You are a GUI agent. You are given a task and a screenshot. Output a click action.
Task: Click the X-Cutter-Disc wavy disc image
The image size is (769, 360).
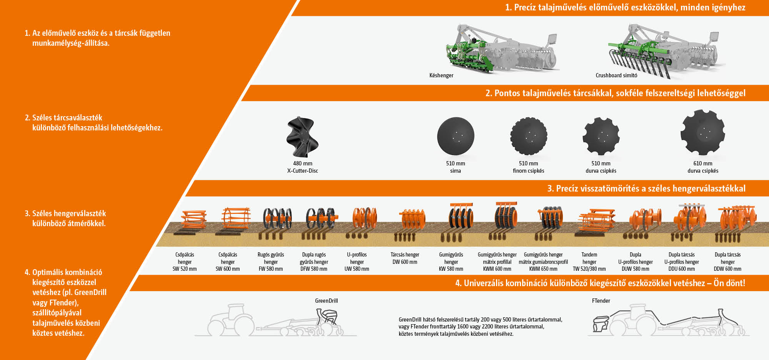pos(303,137)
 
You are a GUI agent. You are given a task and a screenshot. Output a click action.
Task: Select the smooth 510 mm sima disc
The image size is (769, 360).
pos(456,136)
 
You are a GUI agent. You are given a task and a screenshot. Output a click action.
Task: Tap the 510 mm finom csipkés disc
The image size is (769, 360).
pos(529,136)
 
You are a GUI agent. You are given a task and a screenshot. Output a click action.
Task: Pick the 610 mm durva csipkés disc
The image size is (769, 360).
pos(703,133)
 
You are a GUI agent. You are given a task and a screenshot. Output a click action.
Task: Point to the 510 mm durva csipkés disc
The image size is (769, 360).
pos(601,136)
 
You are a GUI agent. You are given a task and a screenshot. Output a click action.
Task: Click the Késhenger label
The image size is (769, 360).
pos(441,75)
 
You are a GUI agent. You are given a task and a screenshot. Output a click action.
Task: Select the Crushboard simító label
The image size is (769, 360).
pos(616,75)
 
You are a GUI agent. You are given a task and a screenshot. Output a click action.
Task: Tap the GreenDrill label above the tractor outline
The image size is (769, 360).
pos(326,301)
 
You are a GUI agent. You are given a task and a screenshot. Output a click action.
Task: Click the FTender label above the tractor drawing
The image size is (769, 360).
pos(601,301)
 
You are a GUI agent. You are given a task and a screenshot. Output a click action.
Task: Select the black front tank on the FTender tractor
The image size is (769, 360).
pos(601,324)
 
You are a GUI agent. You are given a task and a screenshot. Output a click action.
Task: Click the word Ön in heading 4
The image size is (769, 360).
pos(719,283)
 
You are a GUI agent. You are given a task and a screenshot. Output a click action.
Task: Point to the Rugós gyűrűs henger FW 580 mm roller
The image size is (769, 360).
pos(277,219)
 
